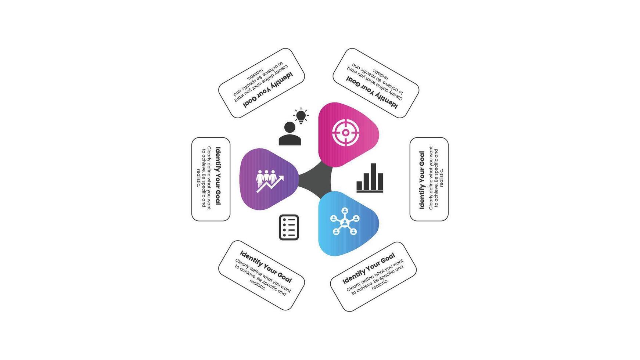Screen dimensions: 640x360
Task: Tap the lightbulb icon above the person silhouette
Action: (301, 116)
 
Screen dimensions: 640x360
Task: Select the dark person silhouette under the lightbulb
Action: (290, 134)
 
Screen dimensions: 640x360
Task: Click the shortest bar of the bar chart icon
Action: (359, 186)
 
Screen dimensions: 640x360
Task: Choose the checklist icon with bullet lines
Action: (289, 227)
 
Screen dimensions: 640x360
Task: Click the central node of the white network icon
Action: (345, 223)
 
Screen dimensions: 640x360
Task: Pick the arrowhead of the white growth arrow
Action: (281, 178)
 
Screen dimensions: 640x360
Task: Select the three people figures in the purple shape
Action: (266, 177)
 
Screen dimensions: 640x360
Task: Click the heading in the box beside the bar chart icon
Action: (422, 180)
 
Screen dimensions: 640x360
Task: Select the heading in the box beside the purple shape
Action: (218, 176)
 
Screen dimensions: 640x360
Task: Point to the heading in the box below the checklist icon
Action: (266, 267)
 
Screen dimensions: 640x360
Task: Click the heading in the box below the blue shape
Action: (368, 269)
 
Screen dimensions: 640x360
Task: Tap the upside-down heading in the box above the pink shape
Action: (372, 92)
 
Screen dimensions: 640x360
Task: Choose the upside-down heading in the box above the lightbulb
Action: (268, 90)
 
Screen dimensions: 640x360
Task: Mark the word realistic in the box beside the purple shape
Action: (198, 178)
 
